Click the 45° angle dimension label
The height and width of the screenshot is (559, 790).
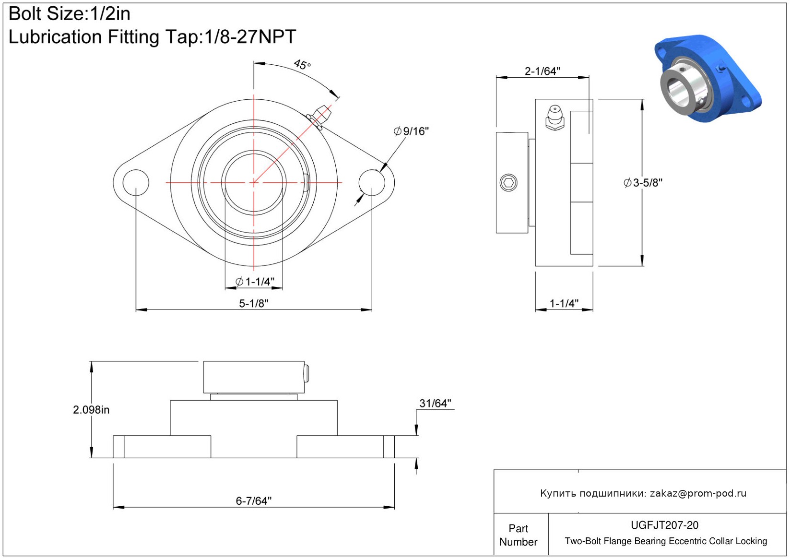coord(302,65)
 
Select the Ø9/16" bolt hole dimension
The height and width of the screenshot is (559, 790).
coord(411,131)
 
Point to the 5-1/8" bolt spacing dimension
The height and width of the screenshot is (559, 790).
coord(254,304)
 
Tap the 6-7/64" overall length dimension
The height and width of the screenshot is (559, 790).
coord(254,501)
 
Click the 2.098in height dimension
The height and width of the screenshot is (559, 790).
coord(91,410)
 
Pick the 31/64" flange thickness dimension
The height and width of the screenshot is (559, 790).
coord(435,404)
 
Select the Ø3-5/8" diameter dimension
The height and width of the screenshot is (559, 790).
coord(643,183)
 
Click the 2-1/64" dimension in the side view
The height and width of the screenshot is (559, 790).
coord(542,71)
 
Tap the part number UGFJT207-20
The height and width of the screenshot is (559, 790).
coord(664,525)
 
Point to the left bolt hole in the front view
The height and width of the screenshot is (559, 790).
coord(136,182)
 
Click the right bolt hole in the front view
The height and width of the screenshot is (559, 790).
coord(372,182)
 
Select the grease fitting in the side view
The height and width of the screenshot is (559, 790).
coord(555,118)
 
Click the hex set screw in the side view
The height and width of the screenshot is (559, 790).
coord(508,183)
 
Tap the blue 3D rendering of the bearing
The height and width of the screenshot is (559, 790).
coord(707,79)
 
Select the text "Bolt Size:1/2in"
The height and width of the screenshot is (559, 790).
coord(70,14)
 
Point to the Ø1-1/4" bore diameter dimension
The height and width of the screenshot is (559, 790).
coord(255,282)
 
